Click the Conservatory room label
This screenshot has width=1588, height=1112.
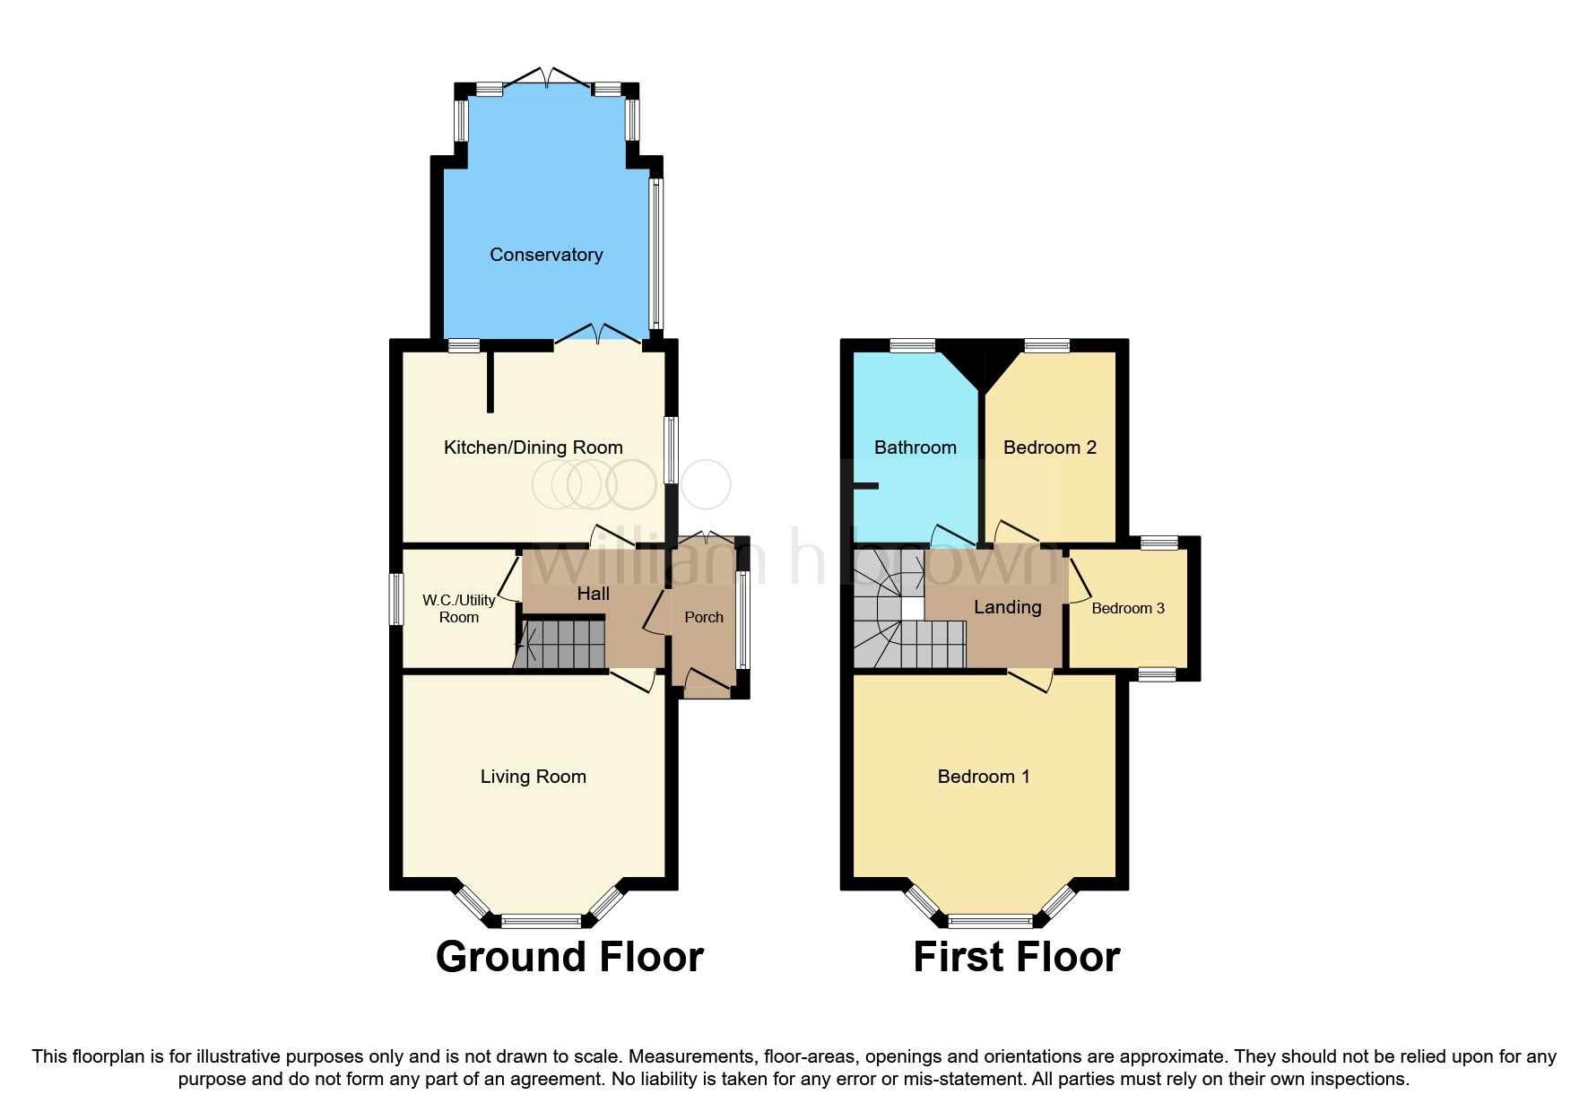pyautogui.click(x=545, y=255)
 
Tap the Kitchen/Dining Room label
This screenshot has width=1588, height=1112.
pyautogui.click(x=533, y=447)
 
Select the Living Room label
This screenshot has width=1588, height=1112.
pyautogui.click(x=533, y=777)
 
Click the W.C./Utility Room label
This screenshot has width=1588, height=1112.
pyautogui.click(x=458, y=609)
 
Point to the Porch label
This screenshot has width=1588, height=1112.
pyautogui.click(x=703, y=617)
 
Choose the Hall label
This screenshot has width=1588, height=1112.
pyautogui.click(x=593, y=594)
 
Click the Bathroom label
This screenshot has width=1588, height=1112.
pyautogui.click(x=915, y=447)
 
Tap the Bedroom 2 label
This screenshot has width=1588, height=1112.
pyautogui.click(x=1049, y=447)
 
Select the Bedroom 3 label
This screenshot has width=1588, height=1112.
pyautogui.click(x=1127, y=608)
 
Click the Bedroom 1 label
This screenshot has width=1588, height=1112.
pyautogui.click(x=983, y=777)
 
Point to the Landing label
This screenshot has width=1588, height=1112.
pyautogui.click(x=1007, y=607)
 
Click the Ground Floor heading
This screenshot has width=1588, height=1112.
pyautogui.click(x=569, y=957)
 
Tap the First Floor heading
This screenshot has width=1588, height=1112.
pyautogui.click(x=1016, y=957)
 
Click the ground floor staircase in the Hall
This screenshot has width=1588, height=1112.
pyautogui.click(x=563, y=643)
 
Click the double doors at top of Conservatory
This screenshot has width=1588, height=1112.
pyautogui.click(x=546, y=78)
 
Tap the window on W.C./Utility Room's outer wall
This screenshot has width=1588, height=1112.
pyautogui.click(x=395, y=599)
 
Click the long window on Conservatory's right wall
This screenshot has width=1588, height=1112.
pyautogui.click(x=656, y=253)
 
